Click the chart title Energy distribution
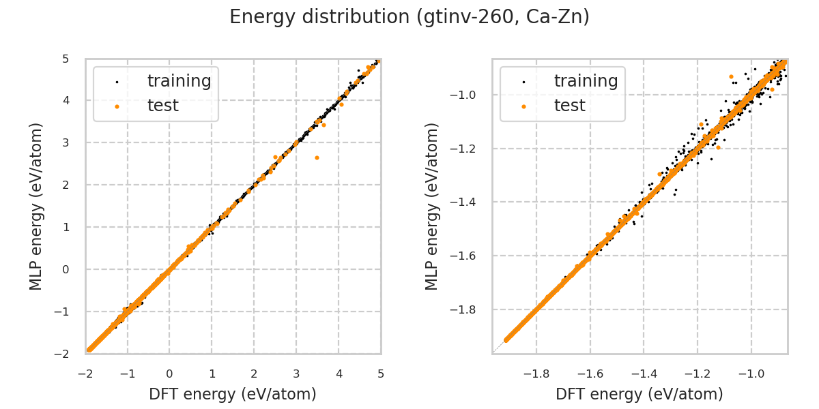click(x=409, y=17)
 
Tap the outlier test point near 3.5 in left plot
click(x=317, y=157)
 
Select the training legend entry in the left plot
click(x=179, y=81)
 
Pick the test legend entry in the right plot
click(x=569, y=106)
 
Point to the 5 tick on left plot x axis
click(x=381, y=374)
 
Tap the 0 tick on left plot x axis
click(x=169, y=374)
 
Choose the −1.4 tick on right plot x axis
click(x=644, y=374)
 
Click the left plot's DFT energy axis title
click(x=233, y=394)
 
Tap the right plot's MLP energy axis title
click(x=432, y=206)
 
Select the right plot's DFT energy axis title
click(x=640, y=394)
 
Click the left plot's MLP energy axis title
click(x=36, y=206)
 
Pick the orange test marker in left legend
click(x=117, y=106)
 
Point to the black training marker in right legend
click(x=523, y=82)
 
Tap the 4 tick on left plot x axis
click(x=339, y=374)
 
